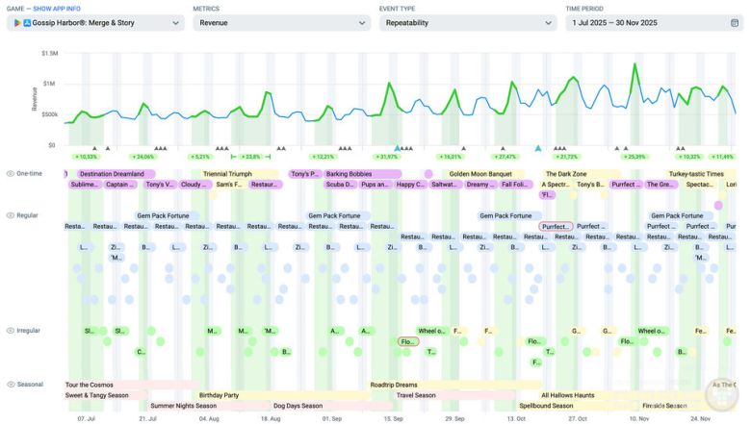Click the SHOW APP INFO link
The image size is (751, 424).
tap(59, 8)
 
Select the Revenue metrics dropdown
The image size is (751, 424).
tap(280, 22)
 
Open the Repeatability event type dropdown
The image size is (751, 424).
tap(467, 22)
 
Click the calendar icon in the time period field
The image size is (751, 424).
tap(735, 22)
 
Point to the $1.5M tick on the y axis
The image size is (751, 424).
tap(49, 54)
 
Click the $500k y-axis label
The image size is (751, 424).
tap(49, 114)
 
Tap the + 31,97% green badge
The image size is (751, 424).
tap(387, 156)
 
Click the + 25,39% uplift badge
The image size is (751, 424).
tap(634, 156)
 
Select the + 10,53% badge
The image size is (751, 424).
tap(87, 156)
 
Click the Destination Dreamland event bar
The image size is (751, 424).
tap(111, 174)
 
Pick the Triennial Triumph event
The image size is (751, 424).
tap(228, 174)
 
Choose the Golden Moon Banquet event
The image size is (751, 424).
tap(480, 174)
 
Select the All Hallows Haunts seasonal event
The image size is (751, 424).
tap(568, 395)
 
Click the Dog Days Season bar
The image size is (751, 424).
tap(298, 406)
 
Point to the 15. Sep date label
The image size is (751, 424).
tap(394, 419)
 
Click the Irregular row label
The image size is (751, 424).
tap(29, 331)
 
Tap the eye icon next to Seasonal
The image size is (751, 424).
tap(11, 385)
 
